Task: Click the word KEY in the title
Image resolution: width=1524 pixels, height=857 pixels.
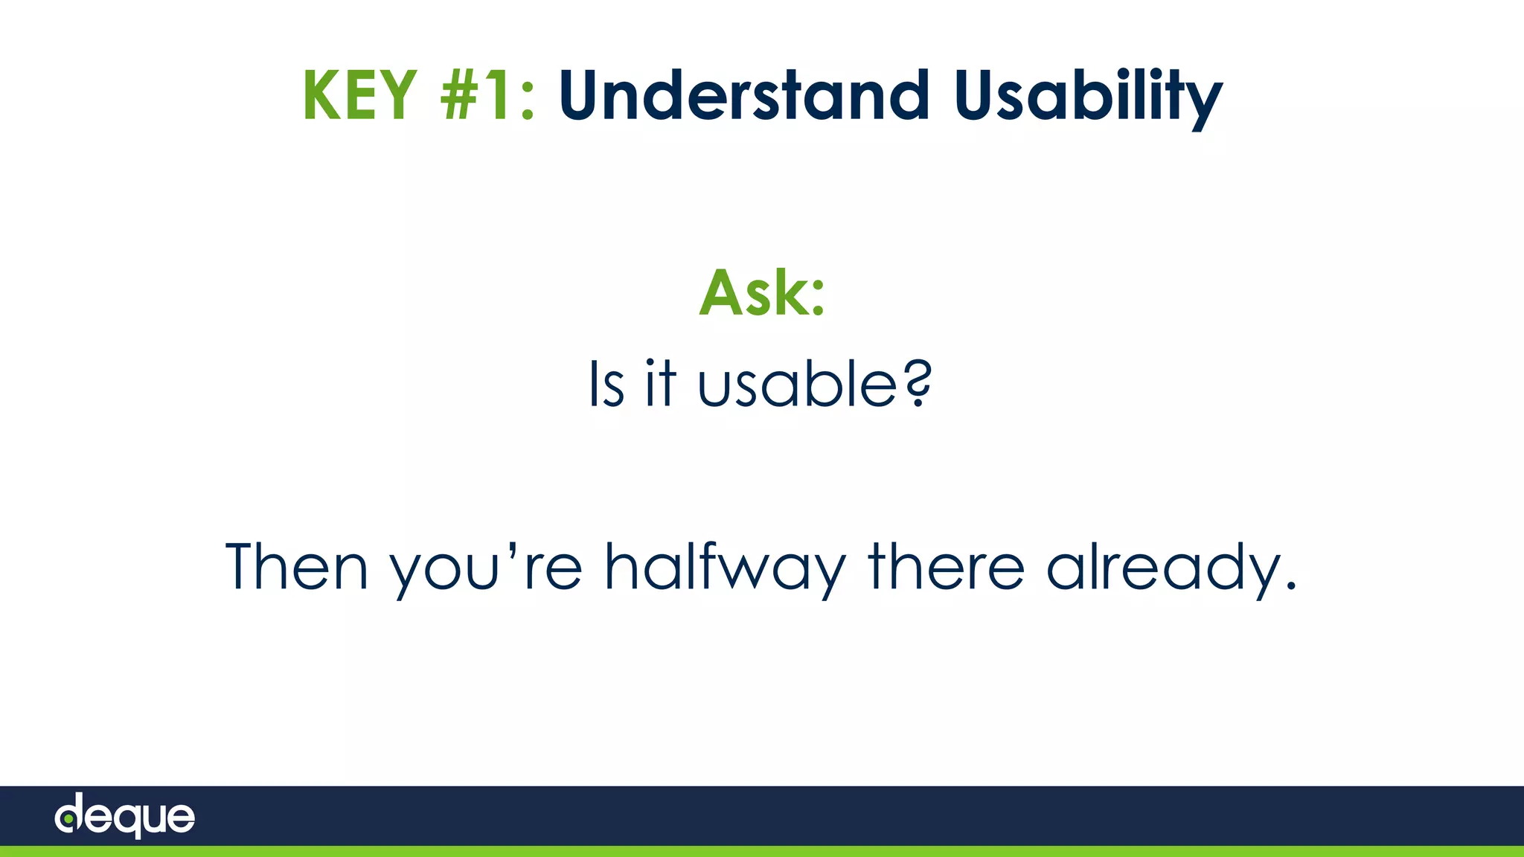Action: pyautogui.click(x=359, y=95)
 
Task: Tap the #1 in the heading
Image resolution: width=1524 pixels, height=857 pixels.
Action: pyautogui.click(x=476, y=95)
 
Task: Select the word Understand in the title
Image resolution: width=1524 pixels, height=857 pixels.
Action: pyautogui.click(x=743, y=95)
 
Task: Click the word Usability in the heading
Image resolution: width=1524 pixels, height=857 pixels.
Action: pyautogui.click(x=1087, y=97)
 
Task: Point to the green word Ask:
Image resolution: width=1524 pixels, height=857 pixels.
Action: pyautogui.click(x=762, y=292)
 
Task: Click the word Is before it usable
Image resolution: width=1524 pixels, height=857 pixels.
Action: pyautogui.click(x=606, y=385)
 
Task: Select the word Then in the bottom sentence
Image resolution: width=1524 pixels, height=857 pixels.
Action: pyautogui.click(x=296, y=567)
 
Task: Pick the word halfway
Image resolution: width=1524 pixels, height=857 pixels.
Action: pyautogui.click(x=725, y=569)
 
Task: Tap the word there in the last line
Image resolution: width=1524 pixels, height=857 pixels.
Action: pyautogui.click(x=946, y=567)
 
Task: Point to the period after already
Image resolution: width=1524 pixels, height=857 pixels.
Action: pyautogui.click(x=1290, y=586)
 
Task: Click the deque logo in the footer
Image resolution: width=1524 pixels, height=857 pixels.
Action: pyautogui.click(x=125, y=815)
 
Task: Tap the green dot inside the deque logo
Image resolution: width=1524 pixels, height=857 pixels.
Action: pyautogui.click(x=68, y=819)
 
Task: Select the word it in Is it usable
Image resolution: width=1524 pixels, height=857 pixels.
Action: pyautogui.click(x=660, y=385)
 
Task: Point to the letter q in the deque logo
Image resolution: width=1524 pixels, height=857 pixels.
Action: pyautogui.click(x=127, y=821)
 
